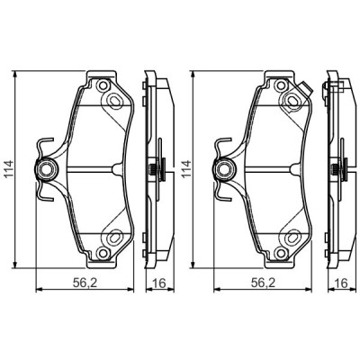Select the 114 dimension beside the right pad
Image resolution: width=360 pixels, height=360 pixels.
[185, 165]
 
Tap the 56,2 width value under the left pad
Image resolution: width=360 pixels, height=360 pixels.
[84, 283]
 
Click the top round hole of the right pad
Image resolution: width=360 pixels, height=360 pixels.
[293, 88]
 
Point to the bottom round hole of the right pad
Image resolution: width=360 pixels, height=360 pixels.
[293, 238]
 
